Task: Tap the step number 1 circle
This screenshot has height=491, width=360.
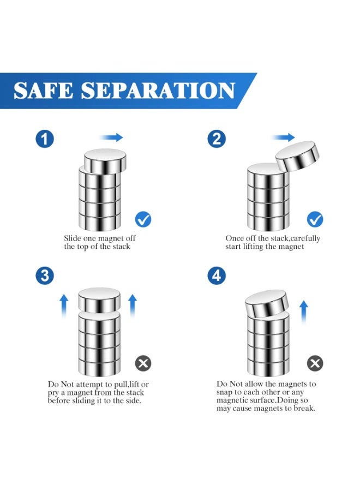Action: pyautogui.click(x=45, y=139)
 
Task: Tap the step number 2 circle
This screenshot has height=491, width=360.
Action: pyautogui.click(x=217, y=139)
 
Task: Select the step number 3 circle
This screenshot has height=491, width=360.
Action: pyautogui.click(x=45, y=276)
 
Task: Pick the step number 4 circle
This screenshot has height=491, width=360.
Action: pyautogui.click(x=217, y=276)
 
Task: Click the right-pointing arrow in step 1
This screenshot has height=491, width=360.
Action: pyautogui.click(x=111, y=137)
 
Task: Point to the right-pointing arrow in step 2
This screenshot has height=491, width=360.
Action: pyautogui.click(x=283, y=137)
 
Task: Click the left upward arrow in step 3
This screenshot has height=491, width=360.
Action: pyautogui.click(x=64, y=306)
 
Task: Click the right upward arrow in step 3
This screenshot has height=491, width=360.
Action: pyautogui.click(x=133, y=306)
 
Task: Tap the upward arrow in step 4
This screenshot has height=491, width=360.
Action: pyautogui.click(x=304, y=312)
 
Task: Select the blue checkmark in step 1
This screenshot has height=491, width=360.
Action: pyautogui.click(x=143, y=219)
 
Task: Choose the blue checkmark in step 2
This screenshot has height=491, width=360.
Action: pyautogui.click(x=315, y=219)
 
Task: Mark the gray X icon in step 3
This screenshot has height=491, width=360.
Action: pyautogui.click(x=143, y=363)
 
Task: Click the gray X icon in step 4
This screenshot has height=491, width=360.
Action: pyautogui.click(x=315, y=363)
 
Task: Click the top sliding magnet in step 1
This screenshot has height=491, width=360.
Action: pyautogui.click(x=105, y=160)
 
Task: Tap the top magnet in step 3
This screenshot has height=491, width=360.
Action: pyautogui.click(x=99, y=300)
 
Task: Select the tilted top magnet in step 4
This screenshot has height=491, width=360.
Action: pyautogui.click(x=267, y=304)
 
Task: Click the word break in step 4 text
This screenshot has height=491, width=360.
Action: pyautogui.click(x=303, y=408)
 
